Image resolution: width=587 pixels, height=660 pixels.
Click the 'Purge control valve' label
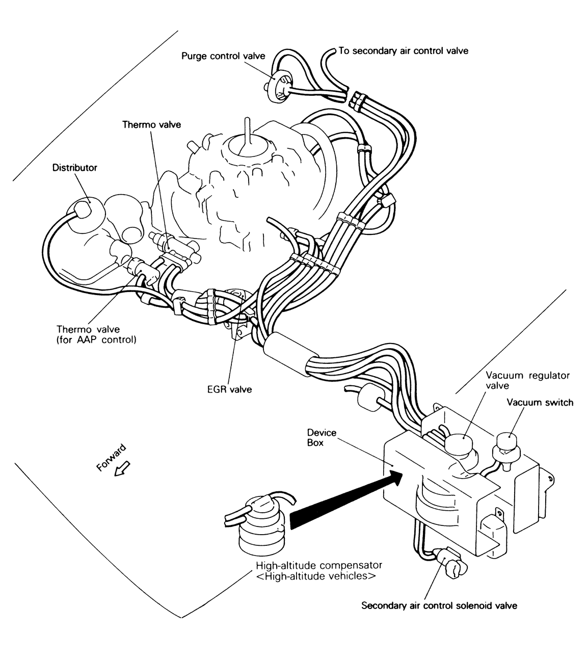(x=223, y=56)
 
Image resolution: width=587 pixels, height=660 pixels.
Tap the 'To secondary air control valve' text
(x=403, y=51)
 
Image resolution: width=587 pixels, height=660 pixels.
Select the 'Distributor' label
(x=74, y=168)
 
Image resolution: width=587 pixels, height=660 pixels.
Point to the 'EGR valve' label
(x=229, y=389)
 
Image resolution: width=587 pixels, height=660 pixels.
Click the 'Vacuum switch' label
(x=540, y=402)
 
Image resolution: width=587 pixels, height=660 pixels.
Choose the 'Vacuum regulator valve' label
(x=527, y=381)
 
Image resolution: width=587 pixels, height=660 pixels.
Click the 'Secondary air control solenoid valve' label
(x=439, y=605)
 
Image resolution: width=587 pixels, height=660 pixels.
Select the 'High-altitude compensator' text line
(x=319, y=565)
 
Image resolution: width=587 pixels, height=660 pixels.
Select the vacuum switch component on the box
(x=506, y=451)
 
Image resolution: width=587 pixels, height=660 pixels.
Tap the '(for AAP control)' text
(x=96, y=340)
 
